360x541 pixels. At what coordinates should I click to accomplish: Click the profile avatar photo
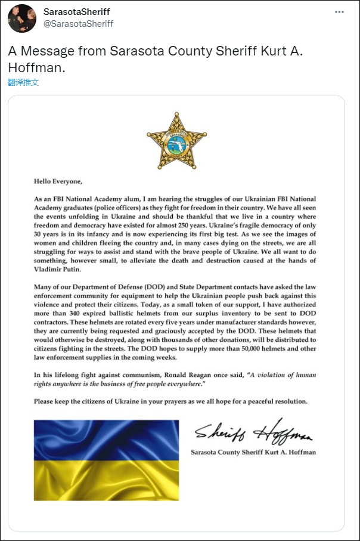pos(22,18)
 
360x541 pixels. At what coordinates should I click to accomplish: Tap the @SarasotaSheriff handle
pos(78,24)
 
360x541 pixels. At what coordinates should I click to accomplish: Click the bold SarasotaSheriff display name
pos(77,12)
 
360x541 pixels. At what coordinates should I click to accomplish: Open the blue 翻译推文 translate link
pos(23,82)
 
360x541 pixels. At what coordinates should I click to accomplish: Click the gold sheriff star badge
pos(176,140)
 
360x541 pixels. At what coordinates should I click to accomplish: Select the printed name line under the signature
pos(253,452)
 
